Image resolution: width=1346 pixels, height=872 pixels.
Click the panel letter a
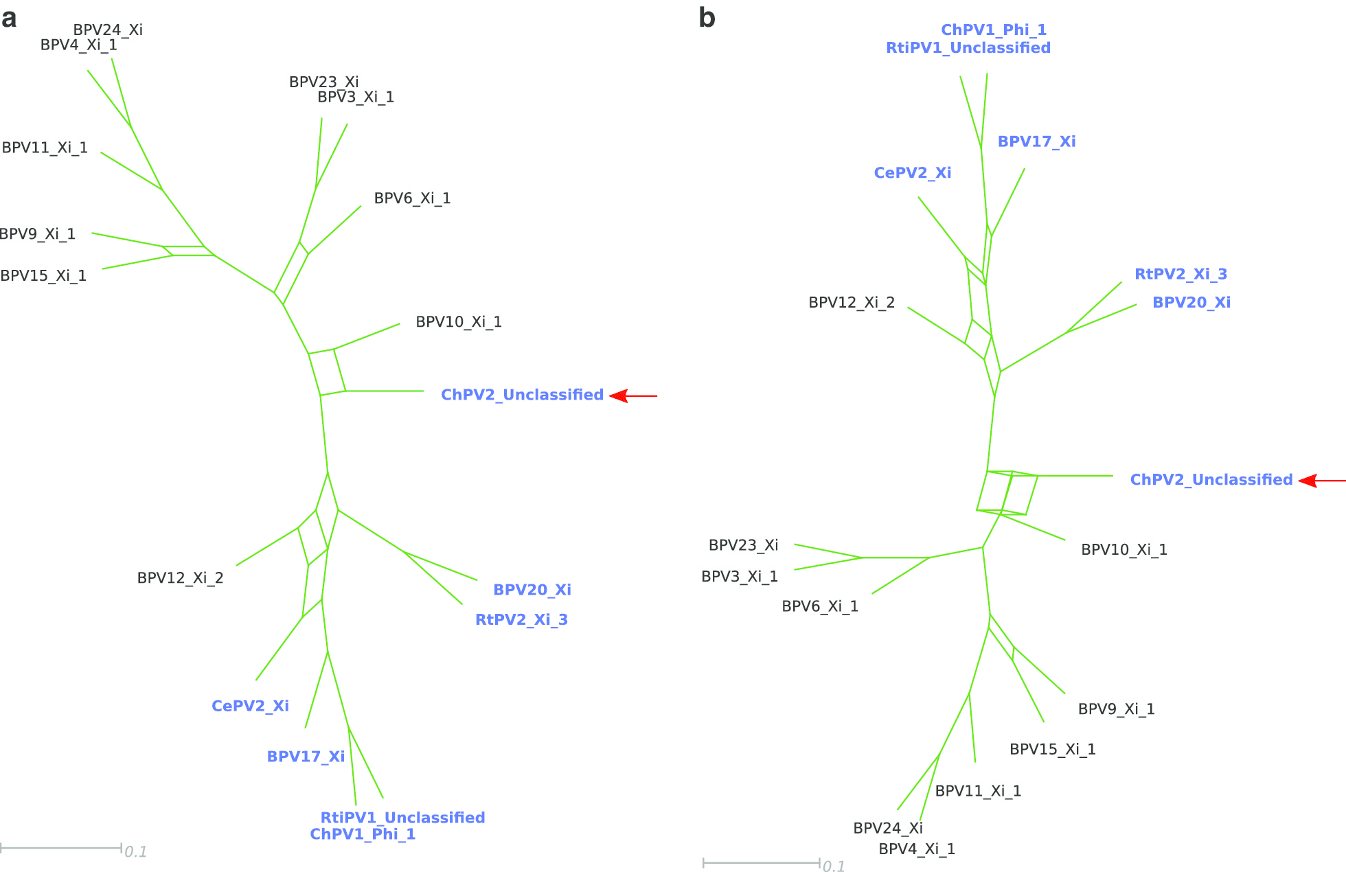tap(9, 19)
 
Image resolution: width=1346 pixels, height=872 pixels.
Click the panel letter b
tap(707, 19)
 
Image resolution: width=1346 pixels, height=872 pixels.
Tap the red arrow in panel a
tap(633, 396)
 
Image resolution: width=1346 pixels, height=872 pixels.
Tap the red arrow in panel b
tap(1321, 481)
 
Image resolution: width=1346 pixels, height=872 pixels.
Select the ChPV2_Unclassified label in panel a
tap(522, 395)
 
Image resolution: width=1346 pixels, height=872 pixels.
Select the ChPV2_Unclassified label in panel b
tap(1211, 480)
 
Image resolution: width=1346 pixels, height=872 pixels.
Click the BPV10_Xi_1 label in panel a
tap(459, 322)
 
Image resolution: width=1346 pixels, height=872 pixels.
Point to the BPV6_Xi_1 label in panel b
tap(820, 606)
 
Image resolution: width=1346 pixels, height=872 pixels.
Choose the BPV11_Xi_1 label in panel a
tap(45, 148)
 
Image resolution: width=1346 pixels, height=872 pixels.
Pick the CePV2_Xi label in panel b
tap(912, 173)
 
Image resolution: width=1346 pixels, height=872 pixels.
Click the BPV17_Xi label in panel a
tap(306, 757)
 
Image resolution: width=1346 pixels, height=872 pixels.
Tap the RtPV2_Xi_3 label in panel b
tap(1180, 274)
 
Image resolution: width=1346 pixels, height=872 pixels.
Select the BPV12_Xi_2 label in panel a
tap(180, 578)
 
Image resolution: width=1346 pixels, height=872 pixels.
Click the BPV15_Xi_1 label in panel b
tap(1052, 749)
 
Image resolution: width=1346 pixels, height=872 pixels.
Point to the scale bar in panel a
tap(61, 848)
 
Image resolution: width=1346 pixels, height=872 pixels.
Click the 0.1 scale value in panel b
tap(834, 867)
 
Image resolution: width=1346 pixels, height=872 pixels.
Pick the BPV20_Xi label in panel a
tap(532, 590)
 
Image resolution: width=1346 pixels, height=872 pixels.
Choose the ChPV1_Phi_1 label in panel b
tap(993, 30)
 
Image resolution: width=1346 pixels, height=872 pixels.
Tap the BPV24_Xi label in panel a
tap(108, 30)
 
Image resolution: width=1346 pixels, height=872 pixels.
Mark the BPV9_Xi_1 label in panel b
tap(1116, 709)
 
